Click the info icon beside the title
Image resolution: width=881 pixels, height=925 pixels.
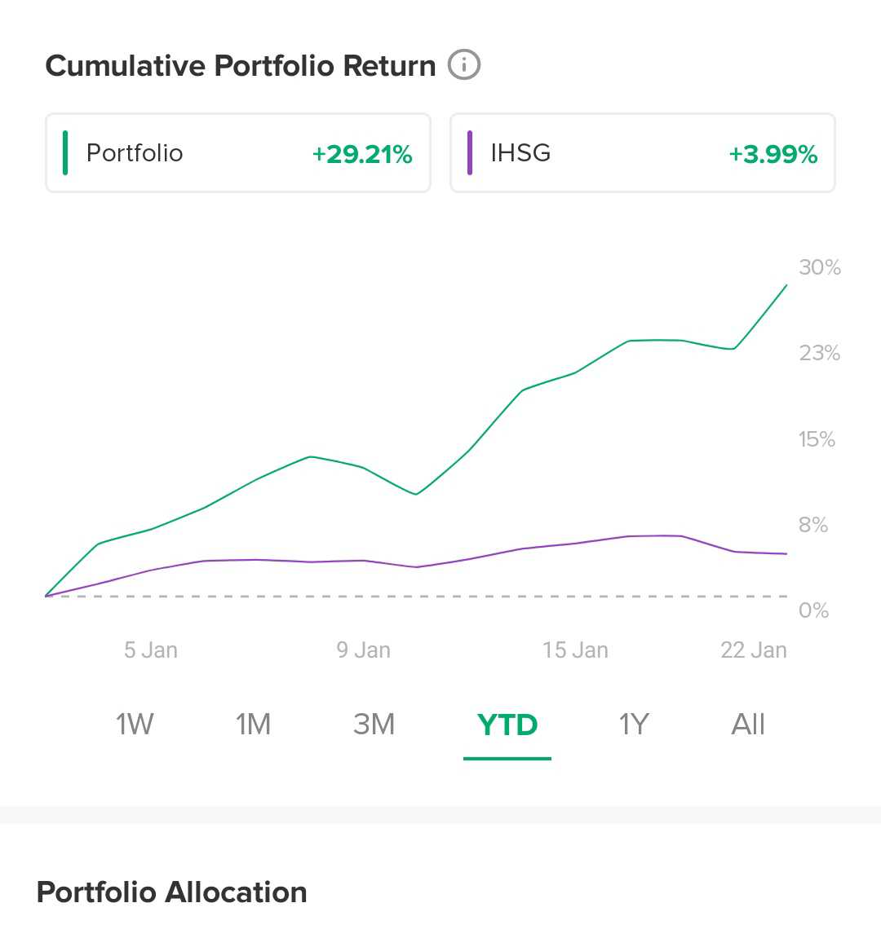coord(464,65)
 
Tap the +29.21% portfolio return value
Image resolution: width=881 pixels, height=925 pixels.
coord(362,154)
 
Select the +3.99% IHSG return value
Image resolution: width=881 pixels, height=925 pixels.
coord(773,154)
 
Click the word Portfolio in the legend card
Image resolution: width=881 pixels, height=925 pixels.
coord(135,153)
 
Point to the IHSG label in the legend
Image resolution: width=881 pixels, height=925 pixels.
coord(520,153)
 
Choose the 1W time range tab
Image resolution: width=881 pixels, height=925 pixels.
coord(135,724)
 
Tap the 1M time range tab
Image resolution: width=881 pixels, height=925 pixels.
coord(253,724)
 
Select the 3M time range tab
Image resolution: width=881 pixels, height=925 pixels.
coord(374,724)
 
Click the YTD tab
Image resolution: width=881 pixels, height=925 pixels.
coord(507,724)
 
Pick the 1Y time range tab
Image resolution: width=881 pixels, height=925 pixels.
coord(634,724)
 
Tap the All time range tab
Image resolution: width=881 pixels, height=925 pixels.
coord(748,724)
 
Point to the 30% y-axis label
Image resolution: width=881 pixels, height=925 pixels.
coord(819,267)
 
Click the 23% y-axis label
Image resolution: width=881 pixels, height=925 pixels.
coord(819,353)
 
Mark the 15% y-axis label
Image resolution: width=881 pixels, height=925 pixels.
coord(817,439)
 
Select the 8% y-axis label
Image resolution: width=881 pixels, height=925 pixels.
coord(813,525)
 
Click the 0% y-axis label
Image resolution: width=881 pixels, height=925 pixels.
coord(813,610)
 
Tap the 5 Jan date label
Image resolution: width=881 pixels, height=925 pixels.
coord(151,650)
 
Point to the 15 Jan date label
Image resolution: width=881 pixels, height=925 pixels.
coord(575,650)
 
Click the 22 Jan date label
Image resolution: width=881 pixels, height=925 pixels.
coord(754,650)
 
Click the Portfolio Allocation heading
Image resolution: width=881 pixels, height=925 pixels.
coord(172,892)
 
